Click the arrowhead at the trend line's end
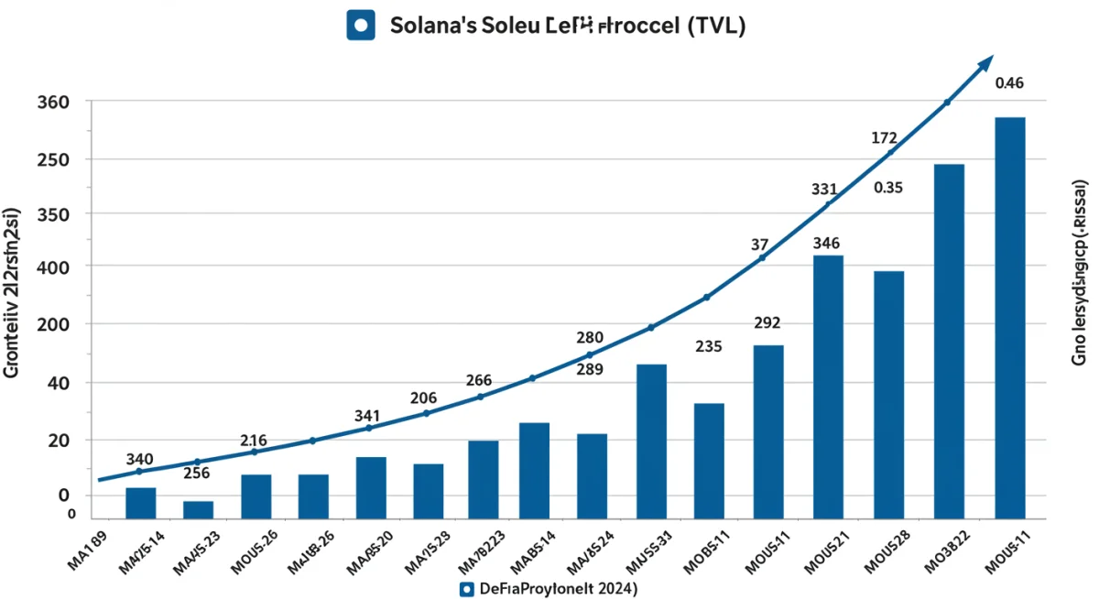point(985,62)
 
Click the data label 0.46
point(1008,83)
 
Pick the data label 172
point(884,138)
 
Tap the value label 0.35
point(888,188)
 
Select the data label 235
point(709,347)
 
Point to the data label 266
point(479,380)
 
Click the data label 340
point(139,459)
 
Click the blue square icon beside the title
point(359,25)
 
